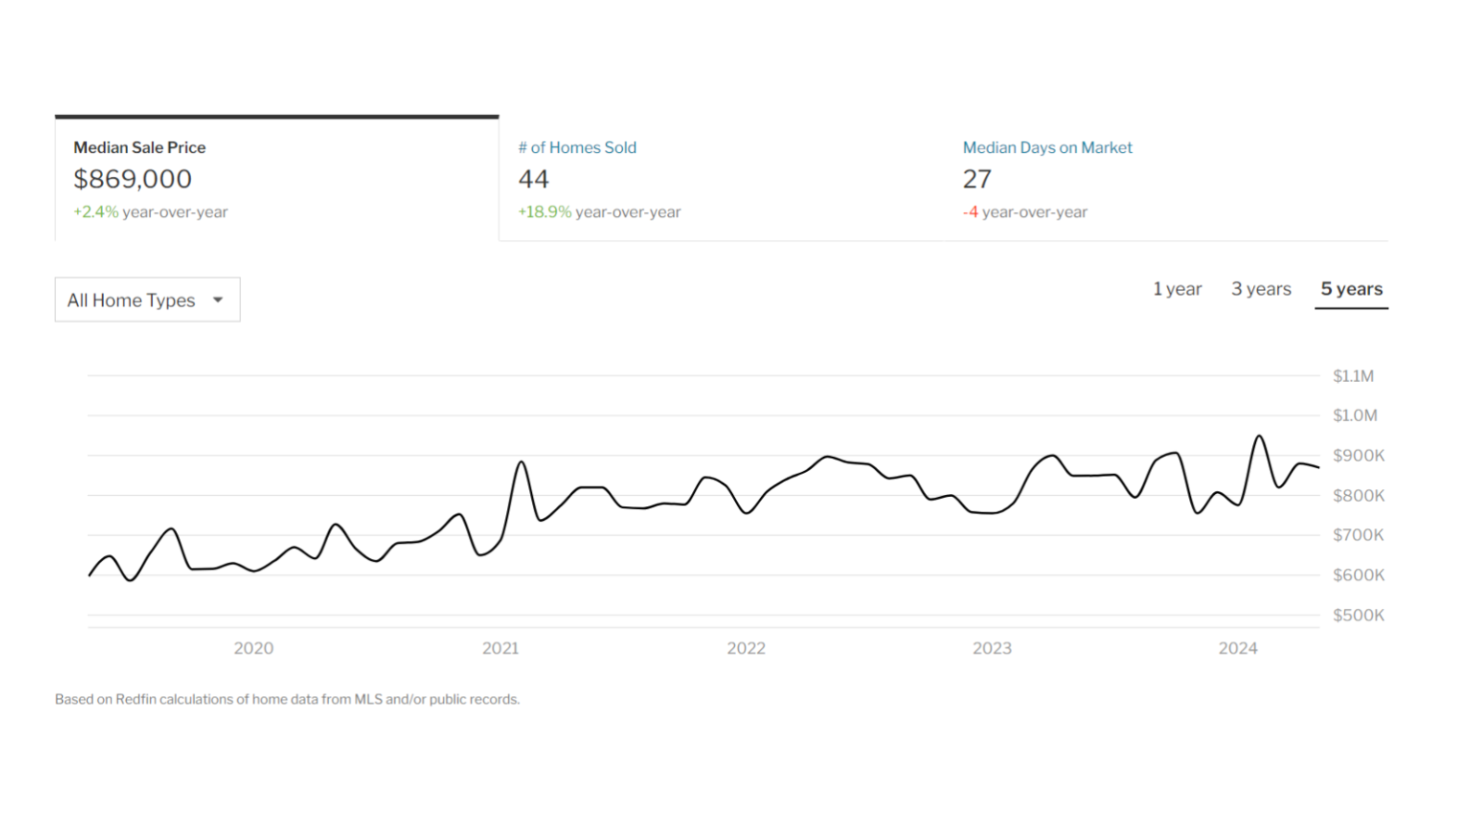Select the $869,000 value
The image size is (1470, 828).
click(x=132, y=179)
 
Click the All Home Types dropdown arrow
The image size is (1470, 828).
click(x=217, y=300)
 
